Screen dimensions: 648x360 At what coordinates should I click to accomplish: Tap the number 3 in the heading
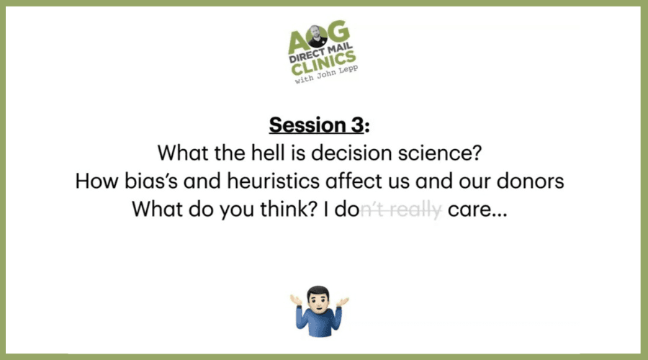click(x=359, y=125)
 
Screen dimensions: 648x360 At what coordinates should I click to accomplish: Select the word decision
click(x=351, y=153)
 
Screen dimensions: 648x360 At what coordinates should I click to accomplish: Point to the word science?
click(x=440, y=153)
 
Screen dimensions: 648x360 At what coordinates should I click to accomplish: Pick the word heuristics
click(x=273, y=181)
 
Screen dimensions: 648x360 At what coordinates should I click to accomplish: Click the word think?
click(x=289, y=209)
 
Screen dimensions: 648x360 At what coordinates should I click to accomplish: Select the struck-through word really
click(x=415, y=210)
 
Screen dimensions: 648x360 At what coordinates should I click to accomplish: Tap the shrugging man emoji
click(x=319, y=311)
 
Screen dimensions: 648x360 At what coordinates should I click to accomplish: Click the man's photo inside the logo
click(x=316, y=37)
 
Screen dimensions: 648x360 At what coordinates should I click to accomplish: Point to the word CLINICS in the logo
click(x=323, y=63)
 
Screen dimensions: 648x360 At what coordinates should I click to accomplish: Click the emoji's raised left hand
click(x=342, y=301)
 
